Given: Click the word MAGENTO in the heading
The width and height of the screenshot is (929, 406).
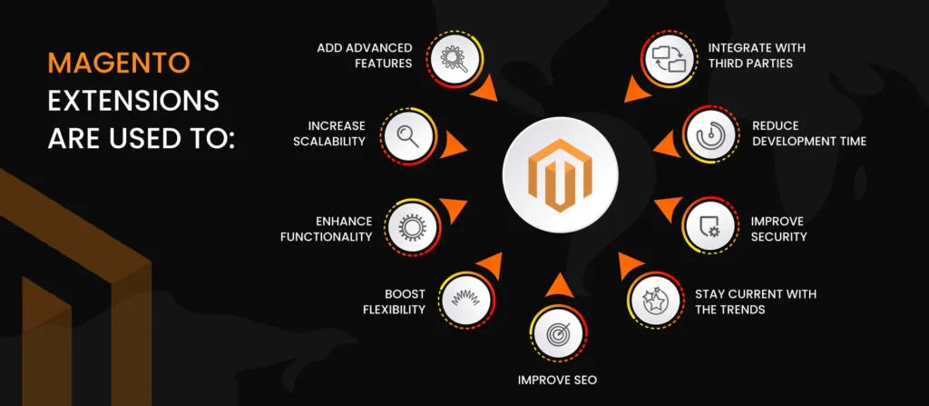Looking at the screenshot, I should tap(119, 63).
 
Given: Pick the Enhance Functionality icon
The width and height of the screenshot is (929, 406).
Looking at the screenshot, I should tap(404, 225).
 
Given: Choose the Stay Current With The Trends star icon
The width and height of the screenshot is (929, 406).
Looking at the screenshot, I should tap(652, 300).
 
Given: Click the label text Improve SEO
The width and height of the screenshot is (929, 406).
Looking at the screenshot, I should tap(556, 380).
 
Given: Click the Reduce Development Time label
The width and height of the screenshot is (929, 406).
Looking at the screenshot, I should tap(809, 133).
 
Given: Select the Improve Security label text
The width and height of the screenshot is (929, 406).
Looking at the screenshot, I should tap(778, 229).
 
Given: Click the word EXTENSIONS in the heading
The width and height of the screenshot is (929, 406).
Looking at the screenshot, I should tap(133, 101).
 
